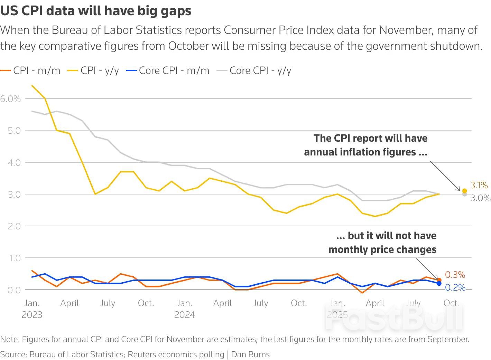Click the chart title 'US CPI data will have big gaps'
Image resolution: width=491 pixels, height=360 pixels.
[96, 11]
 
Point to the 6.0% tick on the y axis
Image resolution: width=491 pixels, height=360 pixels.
[10, 99]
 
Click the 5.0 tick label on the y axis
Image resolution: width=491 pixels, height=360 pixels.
[14, 131]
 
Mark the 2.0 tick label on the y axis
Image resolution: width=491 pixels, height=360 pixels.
[14, 226]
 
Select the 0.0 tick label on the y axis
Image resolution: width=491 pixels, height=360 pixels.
[14, 290]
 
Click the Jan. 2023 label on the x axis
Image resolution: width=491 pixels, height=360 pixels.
[32, 309]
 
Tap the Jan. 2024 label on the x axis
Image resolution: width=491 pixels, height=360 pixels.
[184, 309]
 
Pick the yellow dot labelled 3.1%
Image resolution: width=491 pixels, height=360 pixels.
[464, 191]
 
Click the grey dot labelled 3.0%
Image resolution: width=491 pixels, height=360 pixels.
[464, 195]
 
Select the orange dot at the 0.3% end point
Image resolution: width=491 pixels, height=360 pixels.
[439, 280]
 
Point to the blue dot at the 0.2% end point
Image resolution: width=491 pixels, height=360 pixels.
[439, 283]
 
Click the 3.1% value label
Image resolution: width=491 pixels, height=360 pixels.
[479, 186]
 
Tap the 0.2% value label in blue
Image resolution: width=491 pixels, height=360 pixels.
[455, 287]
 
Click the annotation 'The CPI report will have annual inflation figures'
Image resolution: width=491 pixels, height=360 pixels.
[366, 145]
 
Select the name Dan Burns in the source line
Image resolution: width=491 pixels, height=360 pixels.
[250, 354]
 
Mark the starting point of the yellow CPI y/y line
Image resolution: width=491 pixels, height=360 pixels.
[32, 85]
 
